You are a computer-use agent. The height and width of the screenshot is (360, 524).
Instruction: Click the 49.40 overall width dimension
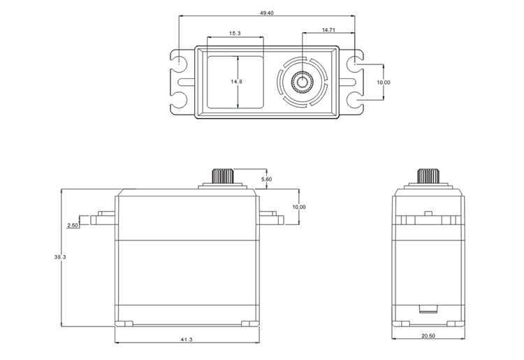[x=266, y=12]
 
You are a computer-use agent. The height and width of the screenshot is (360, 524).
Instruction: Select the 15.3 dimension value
[x=235, y=34]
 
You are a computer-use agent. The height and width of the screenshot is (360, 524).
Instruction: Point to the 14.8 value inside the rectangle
[x=236, y=82]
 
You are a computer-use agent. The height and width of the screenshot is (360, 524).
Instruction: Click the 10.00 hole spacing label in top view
[x=384, y=82]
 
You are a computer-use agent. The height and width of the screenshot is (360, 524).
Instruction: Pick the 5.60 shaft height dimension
[x=266, y=180]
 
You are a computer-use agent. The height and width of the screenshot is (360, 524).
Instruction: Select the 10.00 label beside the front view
[x=299, y=207]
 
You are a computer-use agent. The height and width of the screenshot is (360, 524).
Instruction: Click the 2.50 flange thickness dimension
[x=72, y=226]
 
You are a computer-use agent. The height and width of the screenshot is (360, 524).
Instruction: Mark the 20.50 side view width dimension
[x=428, y=336]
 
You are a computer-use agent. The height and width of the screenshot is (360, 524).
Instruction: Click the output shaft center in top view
[x=303, y=82]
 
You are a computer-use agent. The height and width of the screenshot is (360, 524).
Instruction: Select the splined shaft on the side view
[x=427, y=175]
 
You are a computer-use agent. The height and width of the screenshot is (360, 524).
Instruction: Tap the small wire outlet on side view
[x=427, y=308]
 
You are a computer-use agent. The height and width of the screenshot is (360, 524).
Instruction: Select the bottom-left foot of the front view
[x=125, y=324]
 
